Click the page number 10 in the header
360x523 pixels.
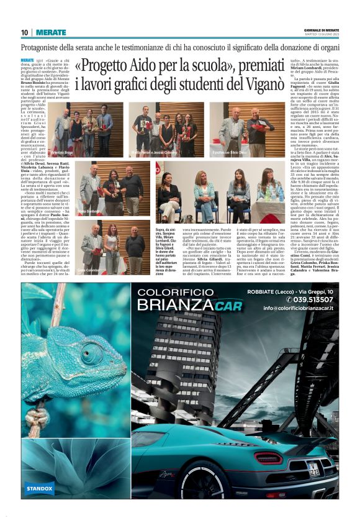24,32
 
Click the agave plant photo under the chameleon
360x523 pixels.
68,460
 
